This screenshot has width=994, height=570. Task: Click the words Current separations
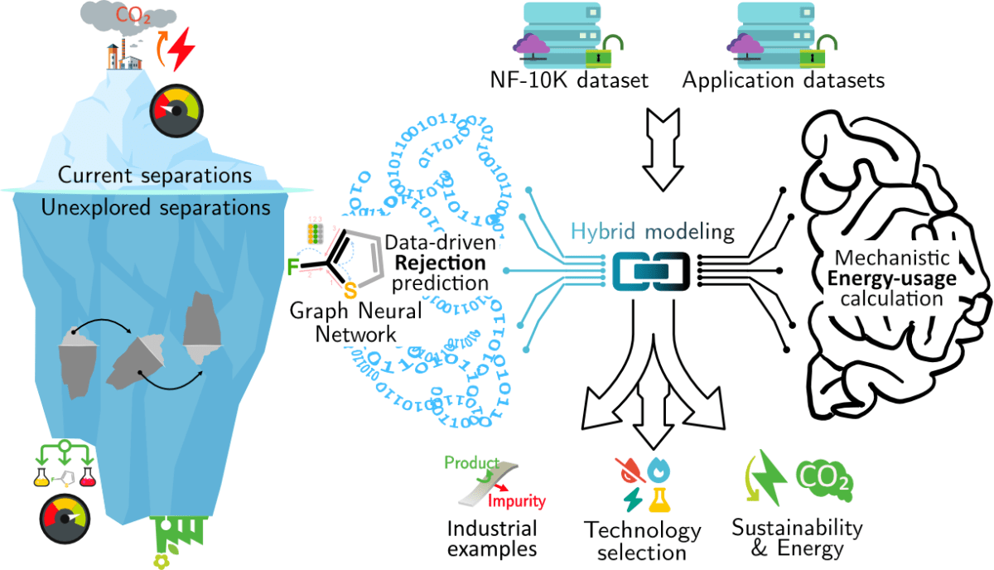coord(155,176)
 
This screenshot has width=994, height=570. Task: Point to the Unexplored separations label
coord(156,207)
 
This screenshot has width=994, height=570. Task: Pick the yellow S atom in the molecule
coord(350,291)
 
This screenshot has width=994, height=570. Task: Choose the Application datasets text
coord(784,81)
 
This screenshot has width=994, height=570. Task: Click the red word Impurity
coord(516,501)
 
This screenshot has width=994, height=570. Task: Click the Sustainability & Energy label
coord(797,538)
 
